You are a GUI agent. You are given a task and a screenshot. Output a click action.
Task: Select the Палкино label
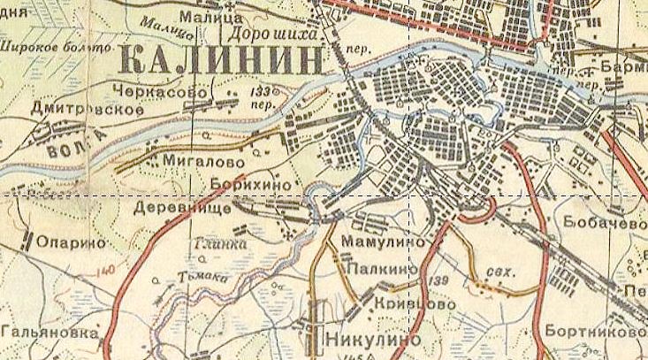click(x=381, y=267)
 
